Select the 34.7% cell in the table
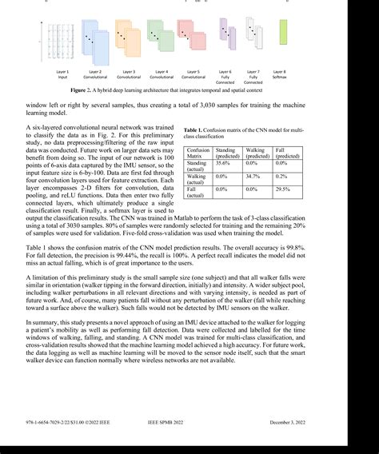254,176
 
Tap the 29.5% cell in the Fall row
283,189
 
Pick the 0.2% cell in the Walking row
283,176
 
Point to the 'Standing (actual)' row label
197,165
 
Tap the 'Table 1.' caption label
195,130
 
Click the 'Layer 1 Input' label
62,74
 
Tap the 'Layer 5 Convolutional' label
193,74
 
